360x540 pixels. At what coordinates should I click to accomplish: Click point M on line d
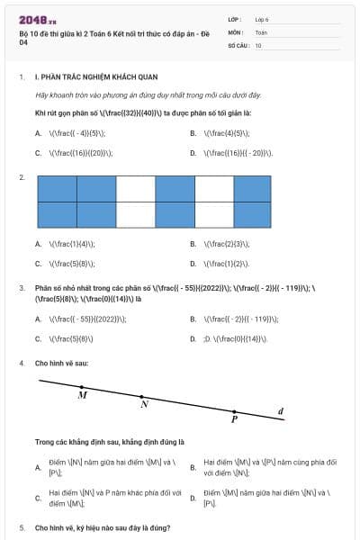[x=80, y=386]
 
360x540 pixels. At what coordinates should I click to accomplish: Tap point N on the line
[x=141, y=396]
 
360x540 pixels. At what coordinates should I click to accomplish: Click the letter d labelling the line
[x=281, y=411]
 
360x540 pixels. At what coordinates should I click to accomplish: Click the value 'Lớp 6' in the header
[x=263, y=18]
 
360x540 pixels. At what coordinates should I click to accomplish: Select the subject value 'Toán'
[x=261, y=31]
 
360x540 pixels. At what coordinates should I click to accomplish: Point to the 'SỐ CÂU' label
[x=237, y=44]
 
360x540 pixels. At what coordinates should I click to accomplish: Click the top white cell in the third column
[x=136, y=189]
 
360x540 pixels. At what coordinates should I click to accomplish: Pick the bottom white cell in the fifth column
[x=214, y=215]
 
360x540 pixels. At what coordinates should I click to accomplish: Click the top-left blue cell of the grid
[x=57, y=189]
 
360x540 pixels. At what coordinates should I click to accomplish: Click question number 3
[x=21, y=288]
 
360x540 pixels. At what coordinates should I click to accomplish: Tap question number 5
[x=21, y=527]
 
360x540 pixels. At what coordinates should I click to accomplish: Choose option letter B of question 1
[x=193, y=133]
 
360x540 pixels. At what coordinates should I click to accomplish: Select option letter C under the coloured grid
[x=39, y=264]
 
